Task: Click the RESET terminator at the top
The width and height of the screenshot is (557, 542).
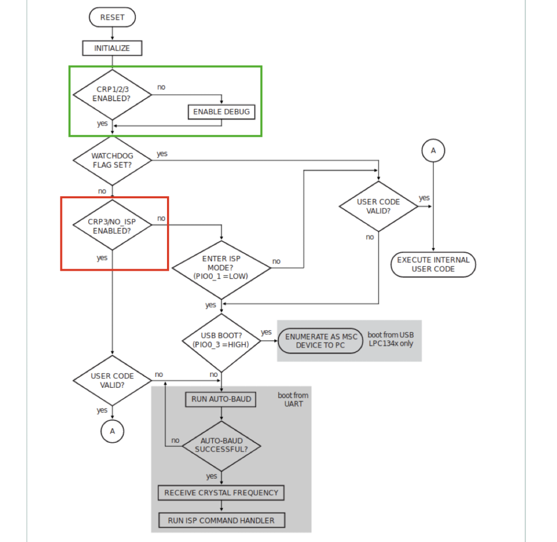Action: [x=112, y=17]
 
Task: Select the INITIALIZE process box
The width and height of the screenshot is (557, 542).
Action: [x=112, y=48]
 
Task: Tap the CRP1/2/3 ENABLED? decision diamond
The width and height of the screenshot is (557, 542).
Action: [x=112, y=94]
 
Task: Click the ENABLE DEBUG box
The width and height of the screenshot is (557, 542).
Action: [x=221, y=112]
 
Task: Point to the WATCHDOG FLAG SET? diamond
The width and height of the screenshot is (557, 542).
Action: [x=112, y=160]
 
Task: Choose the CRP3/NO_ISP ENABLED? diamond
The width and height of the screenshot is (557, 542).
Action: [x=112, y=226]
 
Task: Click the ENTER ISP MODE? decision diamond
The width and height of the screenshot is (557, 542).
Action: [x=221, y=267]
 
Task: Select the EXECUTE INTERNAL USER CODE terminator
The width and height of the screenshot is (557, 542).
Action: [x=433, y=265]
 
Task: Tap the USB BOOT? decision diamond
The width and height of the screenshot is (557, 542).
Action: [x=221, y=340]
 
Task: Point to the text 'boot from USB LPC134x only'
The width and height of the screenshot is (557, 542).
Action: [x=390, y=339]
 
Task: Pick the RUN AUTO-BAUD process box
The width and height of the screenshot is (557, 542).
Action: [x=221, y=399]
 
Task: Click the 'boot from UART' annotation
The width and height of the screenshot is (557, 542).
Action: [x=293, y=399]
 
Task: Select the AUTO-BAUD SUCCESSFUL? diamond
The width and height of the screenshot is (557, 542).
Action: [x=221, y=446]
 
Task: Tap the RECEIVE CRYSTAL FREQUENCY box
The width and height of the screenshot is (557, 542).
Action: [x=221, y=493]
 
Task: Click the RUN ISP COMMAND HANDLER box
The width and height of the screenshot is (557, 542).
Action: [x=221, y=520]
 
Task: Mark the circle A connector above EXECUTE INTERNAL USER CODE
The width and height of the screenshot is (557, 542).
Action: [x=433, y=151]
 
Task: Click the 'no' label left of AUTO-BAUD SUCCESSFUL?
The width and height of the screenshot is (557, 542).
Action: [x=176, y=440]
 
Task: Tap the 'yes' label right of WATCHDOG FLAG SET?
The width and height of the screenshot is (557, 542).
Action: [x=162, y=154]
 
